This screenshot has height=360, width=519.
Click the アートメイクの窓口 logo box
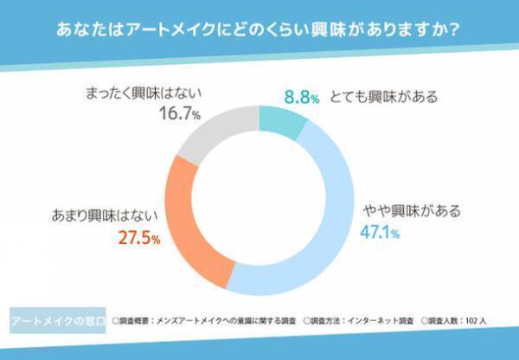coord(54,319)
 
